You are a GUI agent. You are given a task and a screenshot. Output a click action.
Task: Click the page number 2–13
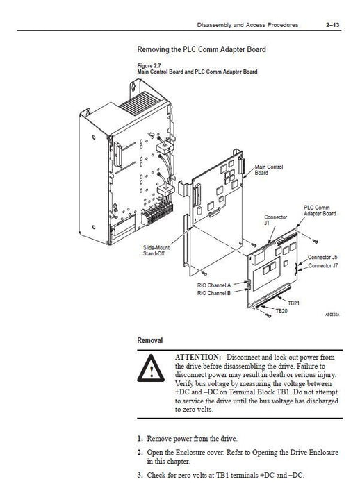click(332, 25)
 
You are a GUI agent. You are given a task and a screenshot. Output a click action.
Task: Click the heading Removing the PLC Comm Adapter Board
click(202, 49)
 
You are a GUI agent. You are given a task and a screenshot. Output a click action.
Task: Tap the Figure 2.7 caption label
click(149, 66)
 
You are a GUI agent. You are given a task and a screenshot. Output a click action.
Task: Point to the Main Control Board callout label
click(269, 170)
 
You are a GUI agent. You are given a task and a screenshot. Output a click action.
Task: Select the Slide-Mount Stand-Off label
click(156, 251)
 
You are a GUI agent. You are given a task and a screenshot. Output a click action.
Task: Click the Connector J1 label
click(276, 220)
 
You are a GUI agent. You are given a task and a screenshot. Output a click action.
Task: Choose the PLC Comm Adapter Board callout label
click(320, 210)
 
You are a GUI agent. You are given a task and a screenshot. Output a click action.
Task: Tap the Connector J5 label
click(322, 258)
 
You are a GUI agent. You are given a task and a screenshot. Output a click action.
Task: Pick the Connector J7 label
click(323, 266)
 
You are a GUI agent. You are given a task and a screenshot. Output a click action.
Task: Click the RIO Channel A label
click(214, 285)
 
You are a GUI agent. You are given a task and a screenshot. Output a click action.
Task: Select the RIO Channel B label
click(214, 293)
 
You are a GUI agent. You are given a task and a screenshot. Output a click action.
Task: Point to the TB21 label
click(293, 303)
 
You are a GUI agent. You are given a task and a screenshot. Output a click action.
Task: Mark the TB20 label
click(281, 311)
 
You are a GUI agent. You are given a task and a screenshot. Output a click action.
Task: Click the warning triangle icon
click(151, 369)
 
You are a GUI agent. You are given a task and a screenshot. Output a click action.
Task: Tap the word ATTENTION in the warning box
click(198, 357)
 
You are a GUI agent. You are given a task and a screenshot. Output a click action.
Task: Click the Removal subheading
click(150, 340)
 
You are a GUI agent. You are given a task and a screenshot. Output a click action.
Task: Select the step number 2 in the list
click(140, 452)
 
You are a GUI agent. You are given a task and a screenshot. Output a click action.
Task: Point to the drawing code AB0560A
click(332, 315)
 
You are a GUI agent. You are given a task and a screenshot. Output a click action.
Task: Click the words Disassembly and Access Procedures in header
click(247, 25)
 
